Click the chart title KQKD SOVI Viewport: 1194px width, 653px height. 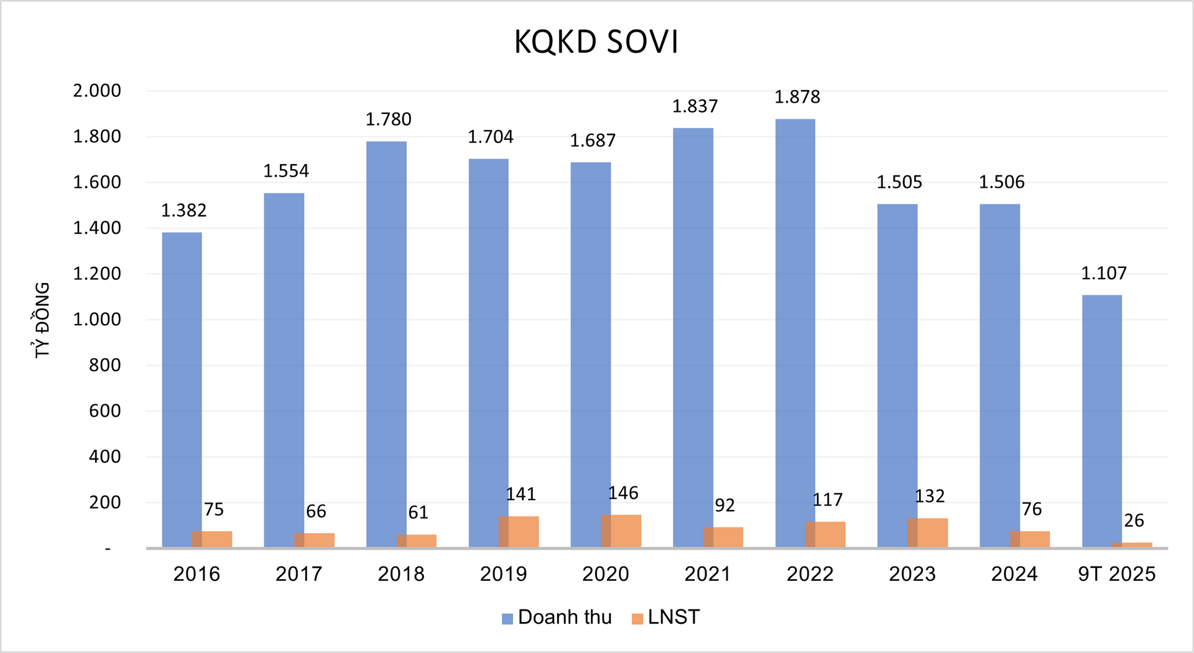click(x=596, y=42)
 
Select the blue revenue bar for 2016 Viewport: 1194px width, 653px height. click(x=181, y=386)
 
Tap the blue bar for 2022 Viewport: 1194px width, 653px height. click(x=795, y=330)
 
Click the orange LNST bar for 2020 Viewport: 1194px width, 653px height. click(x=621, y=531)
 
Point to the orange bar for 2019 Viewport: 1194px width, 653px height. click(x=519, y=532)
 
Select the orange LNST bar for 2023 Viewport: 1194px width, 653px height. click(x=928, y=533)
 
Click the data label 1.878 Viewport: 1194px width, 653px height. click(x=797, y=97)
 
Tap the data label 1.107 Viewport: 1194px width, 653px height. click(x=1103, y=273)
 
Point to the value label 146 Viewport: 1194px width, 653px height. click(x=622, y=493)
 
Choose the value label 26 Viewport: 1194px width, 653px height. click(x=1134, y=521)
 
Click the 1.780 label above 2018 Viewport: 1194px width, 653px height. click(x=388, y=119)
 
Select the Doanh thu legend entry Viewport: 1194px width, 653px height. click(x=557, y=617)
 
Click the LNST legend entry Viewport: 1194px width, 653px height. click(x=665, y=617)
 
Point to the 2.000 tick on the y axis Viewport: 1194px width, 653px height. click(x=97, y=91)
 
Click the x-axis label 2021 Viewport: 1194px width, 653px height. click(x=708, y=573)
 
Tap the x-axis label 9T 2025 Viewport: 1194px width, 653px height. click(x=1116, y=573)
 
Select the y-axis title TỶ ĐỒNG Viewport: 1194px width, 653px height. click(x=42, y=320)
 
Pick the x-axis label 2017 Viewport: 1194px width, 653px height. click(x=298, y=573)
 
